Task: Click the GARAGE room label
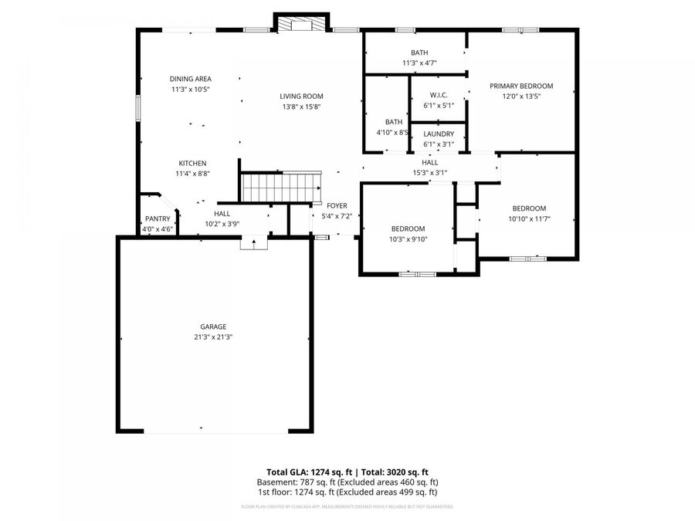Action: (214, 326)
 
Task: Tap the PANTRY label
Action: (158, 218)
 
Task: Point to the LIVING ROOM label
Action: (301, 96)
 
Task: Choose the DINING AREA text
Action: (191, 79)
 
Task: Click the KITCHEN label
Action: (192, 164)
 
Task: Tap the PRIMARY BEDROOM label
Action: (521, 86)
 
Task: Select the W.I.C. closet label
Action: (439, 95)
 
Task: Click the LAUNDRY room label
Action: (439, 134)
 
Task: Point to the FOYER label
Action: (337, 205)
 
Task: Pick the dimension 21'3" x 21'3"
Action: (214, 337)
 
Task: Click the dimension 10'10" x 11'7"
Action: (529, 219)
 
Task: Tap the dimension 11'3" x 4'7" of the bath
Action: (419, 63)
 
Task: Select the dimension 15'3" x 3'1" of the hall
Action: (430, 173)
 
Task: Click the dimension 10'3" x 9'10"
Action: (408, 239)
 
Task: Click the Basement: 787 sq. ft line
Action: (347, 482)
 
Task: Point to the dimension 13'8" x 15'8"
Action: (301, 107)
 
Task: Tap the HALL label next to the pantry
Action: (222, 214)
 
